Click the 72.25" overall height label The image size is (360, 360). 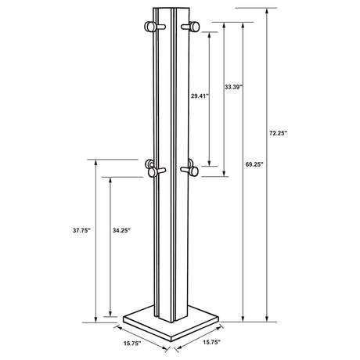pyautogui.click(x=279, y=134)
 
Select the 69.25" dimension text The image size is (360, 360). pyautogui.click(x=254, y=165)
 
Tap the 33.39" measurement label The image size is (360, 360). pyautogui.click(x=232, y=86)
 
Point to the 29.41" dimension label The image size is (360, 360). pyautogui.click(x=200, y=97)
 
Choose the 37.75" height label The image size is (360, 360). pyautogui.click(x=81, y=231)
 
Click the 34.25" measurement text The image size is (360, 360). pyautogui.click(x=121, y=231)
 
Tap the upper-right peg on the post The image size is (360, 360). pyautogui.click(x=190, y=28)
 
